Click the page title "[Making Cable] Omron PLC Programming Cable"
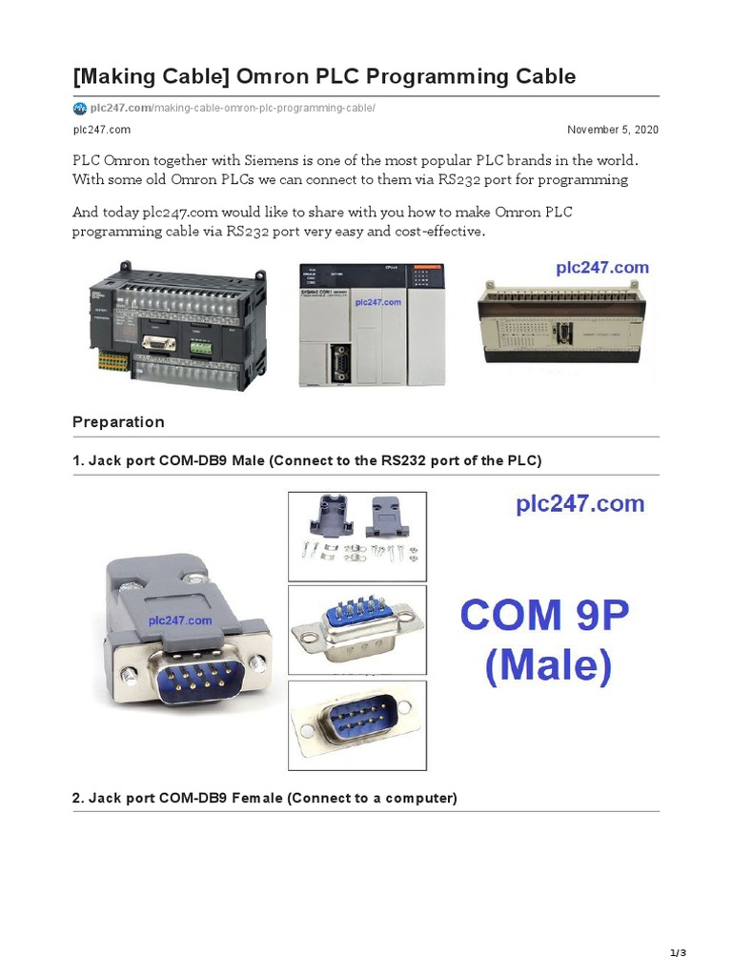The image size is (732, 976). [x=324, y=75]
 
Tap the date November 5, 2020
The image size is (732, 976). [x=612, y=130]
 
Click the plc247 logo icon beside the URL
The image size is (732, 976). [x=80, y=108]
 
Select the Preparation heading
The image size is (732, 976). [x=118, y=422]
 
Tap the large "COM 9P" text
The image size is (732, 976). [x=544, y=615]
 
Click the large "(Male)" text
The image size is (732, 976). [x=548, y=666]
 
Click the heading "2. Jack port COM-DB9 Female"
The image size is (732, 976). [x=265, y=798]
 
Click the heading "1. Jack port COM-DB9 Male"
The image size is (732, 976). [x=306, y=460]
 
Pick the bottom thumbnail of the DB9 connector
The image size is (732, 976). [x=357, y=723]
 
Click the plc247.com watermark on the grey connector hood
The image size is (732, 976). [x=180, y=620]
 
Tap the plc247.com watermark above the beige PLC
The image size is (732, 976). [x=602, y=268]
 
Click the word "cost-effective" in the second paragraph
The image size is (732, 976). [x=440, y=231]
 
